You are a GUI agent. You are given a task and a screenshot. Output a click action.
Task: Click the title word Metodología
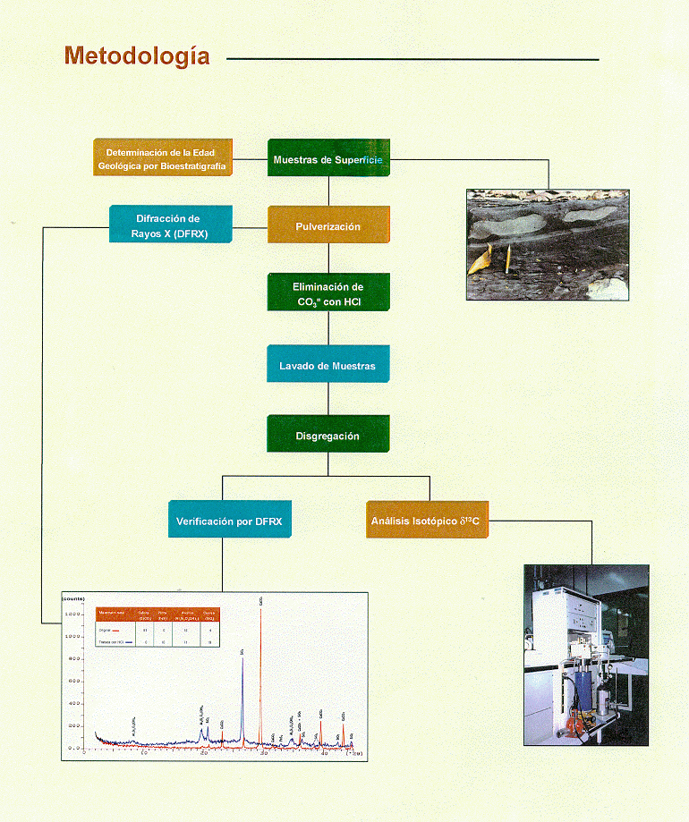[137, 56]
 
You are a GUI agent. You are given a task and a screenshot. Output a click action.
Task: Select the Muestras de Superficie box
[328, 159]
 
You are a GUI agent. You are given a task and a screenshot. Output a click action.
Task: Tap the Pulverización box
[328, 225]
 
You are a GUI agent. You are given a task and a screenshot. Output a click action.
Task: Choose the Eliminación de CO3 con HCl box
[328, 294]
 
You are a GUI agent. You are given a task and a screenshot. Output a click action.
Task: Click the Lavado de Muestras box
[328, 365]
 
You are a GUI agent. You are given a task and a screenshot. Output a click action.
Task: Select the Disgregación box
[328, 435]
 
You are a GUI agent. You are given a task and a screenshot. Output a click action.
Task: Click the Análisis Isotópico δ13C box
[428, 520]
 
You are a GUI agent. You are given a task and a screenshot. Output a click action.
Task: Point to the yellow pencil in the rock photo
[506, 259]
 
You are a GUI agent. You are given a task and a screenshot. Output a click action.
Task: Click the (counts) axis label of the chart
[72, 597]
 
